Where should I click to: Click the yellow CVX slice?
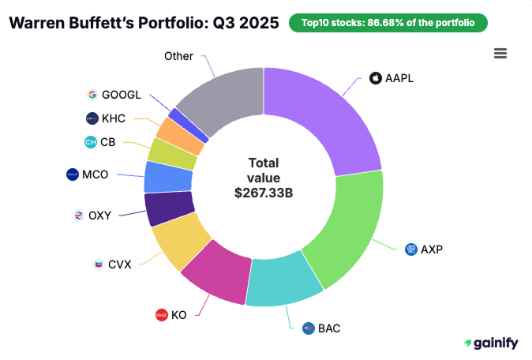[x=180, y=243]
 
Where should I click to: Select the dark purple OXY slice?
[x=168, y=209]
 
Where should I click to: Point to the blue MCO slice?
[x=167, y=177]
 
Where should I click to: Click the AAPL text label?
[x=399, y=78]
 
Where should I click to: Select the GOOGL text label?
[x=122, y=95]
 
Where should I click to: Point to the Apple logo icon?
[x=375, y=78]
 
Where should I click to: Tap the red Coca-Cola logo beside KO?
[x=162, y=314]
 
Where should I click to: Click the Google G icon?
[x=92, y=95]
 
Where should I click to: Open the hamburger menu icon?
[x=500, y=53]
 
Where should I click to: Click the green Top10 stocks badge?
[x=388, y=23]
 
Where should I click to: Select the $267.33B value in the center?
[x=264, y=192]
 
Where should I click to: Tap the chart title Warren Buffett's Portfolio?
[x=143, y=23]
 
